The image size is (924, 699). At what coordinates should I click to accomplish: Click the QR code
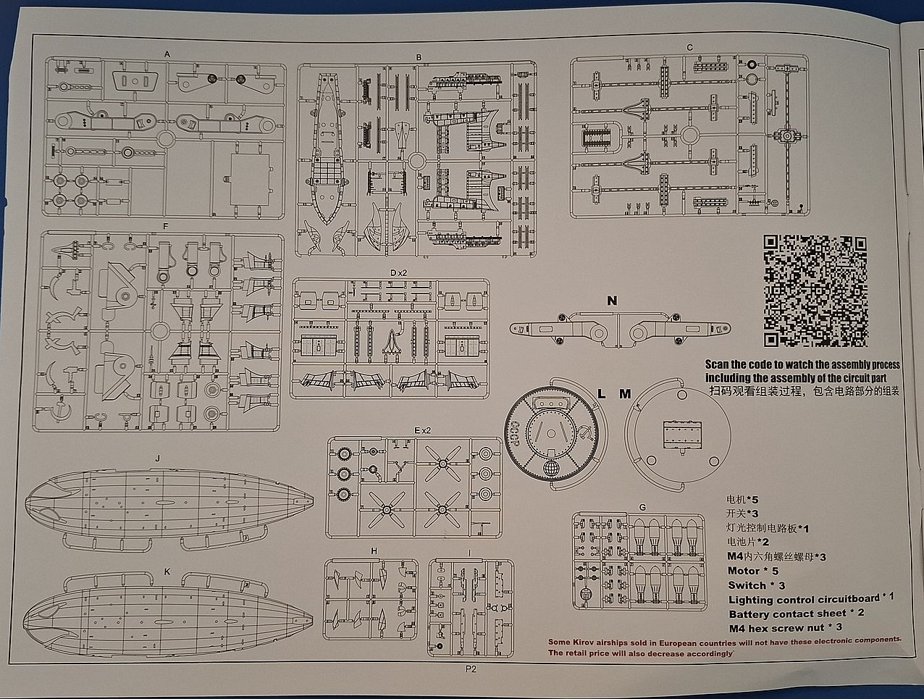tap(815, 291)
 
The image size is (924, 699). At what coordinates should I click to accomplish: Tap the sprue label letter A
tap(167, 54)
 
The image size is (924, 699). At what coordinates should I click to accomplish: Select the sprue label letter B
tap(419, 57)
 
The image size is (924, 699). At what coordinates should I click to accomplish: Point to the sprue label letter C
tap(689, 48)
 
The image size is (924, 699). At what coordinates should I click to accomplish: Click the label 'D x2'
tap(398, 272)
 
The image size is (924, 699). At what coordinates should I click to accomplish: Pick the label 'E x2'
tap(422, 430)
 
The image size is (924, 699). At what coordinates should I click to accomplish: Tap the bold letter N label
tap(612, 301)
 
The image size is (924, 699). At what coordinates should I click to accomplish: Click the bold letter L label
tap(600, 394)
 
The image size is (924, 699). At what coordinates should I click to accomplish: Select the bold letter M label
tap(625, 394)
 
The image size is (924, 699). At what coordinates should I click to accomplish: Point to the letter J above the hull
tap(156, 459)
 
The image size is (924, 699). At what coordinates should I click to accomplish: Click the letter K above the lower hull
tap(167, 572)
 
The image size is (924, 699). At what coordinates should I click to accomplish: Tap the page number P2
tap(471, 670)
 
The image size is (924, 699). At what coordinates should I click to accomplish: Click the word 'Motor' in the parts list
tap(744, 571)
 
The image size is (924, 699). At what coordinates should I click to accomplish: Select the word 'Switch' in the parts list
tap(747, 585)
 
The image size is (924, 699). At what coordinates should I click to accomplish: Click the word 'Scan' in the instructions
tap(717, 364)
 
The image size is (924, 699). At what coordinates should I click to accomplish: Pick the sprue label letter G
tap(642, 507)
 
